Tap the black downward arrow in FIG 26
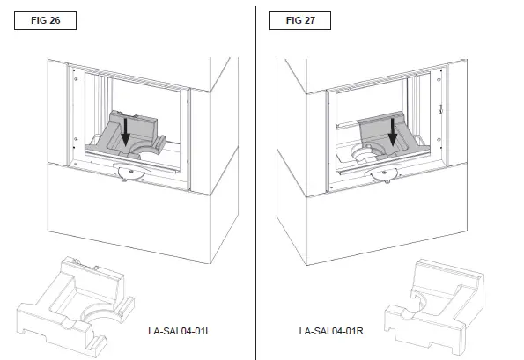126,133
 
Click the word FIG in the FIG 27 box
293,18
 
